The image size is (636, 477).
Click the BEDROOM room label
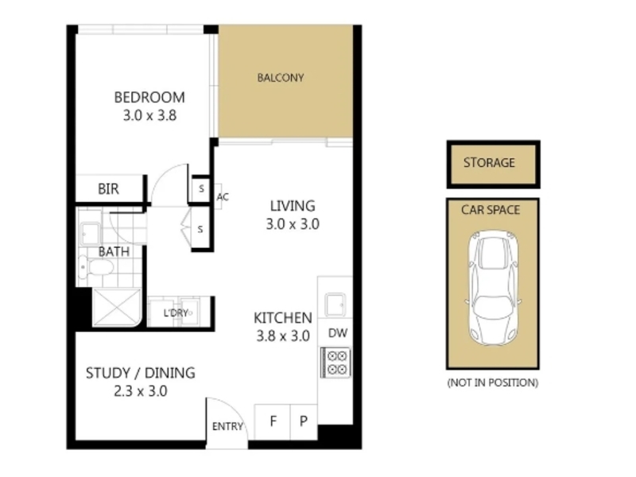[149, 97]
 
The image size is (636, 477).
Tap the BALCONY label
[281, 77]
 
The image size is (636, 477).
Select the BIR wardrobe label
[108, 189]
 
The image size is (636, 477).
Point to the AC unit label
[223, 197]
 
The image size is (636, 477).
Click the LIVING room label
[293, 206]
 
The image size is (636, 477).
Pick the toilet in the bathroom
[96, 267]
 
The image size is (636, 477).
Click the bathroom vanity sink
[90, 234]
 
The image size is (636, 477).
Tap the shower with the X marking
[117, 307]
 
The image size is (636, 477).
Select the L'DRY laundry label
[176, 313]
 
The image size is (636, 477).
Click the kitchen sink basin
[335, 304]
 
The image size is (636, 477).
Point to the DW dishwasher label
[338, 333]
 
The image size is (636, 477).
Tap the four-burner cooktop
[335, 363]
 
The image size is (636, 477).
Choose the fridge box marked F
[272, 422]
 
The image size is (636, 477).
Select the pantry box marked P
[304, 422]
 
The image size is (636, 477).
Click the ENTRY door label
[227, 426]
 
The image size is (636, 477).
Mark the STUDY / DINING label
[141, 373]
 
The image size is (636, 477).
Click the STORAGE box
[493, 165]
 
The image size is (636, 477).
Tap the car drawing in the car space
[493, 288]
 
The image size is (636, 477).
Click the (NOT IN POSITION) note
[493, 382]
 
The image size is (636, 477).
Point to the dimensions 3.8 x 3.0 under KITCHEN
[283, 335]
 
